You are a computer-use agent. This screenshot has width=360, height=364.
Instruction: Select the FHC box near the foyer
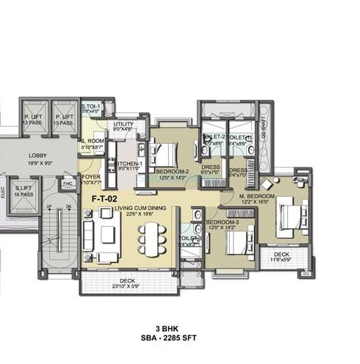[68, 183]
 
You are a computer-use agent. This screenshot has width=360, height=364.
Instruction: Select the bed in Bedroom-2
[165, 153]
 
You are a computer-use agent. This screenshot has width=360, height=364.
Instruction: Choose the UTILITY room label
[123, 125]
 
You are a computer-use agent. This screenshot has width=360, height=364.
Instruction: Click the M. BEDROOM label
[256, 197]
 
